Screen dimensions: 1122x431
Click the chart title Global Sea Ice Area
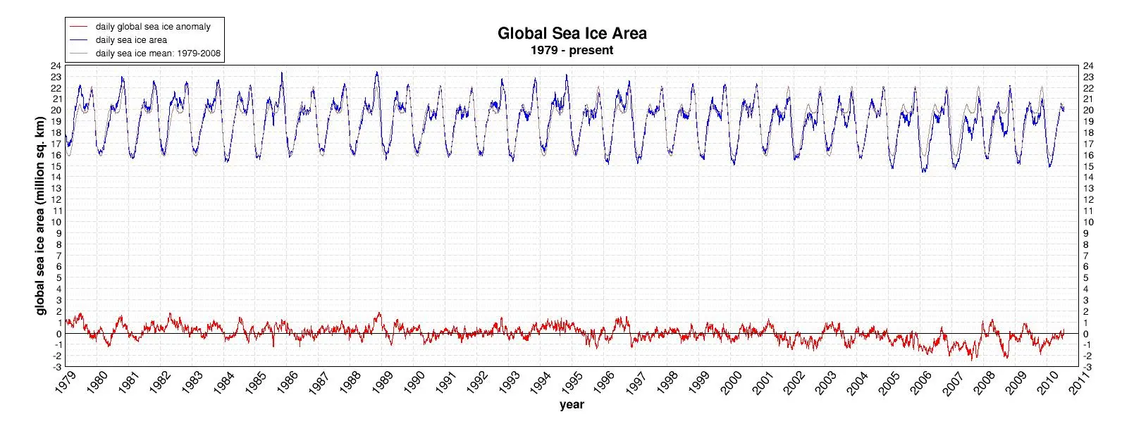pyautogui.click(x=572, y=34)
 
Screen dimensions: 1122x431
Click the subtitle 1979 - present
pyautogui.click(x=572, y=50)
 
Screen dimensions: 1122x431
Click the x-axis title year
pyautogui.click(x=572, y=404)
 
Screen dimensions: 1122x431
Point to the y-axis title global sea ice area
pyautogui.click(x=41, y=216)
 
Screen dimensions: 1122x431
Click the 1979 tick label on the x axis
pyautogui.click(x=65, y=382)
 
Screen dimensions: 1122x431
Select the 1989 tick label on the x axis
pyautogui.click(x=382, y=382)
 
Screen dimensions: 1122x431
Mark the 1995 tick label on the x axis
pyautogui.click(x=572, y=382)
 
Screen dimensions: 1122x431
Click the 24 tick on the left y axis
pyautogui.click(x=56, y=65)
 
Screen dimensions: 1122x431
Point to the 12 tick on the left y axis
pyautogui.click(x=56, y=200)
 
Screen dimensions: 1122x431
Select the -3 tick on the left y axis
pyautogui.click(x=57, y=368)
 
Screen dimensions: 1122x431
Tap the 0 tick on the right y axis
pyautogui.click(x=1085, y=334)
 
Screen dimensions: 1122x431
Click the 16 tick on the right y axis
pyautogui.click(x=1088, y=155)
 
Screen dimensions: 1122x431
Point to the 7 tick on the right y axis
pyautogui.click(x=1085, y=256)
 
